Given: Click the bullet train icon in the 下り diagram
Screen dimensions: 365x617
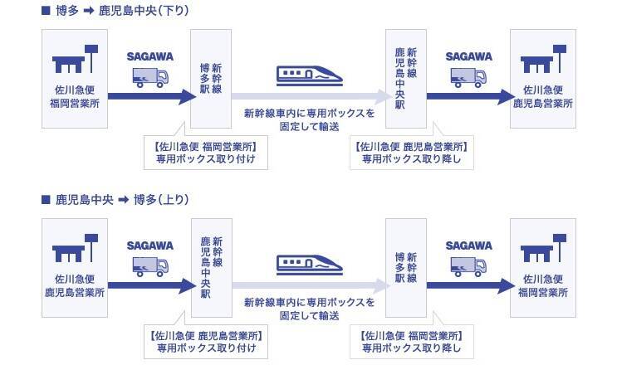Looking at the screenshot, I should [308, 75].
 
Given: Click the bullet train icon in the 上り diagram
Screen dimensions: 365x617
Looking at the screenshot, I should [308, 265].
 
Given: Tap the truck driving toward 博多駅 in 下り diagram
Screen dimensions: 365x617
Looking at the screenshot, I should [150, 77].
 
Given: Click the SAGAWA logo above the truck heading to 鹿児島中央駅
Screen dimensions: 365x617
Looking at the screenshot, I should [150, 246].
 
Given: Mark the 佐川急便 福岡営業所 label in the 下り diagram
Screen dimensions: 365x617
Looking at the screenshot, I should [75, 97].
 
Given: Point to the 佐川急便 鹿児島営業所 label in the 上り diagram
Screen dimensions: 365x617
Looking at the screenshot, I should [75, 286].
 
